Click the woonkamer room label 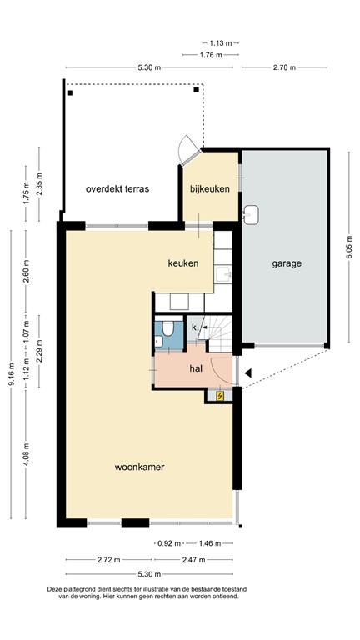(x=139, y=467)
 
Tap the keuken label (x=182, y=263)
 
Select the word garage (x=286, y=263)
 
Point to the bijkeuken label (x=209, y=189)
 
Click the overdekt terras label (x=117, y=189)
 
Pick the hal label (x=196, y=367)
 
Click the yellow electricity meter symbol (x=220, y=396)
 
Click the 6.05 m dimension (x=348, y=246)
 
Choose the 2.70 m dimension (x=285, y=67)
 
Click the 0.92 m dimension (x=168, y=543)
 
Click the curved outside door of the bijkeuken (x=189, y=152)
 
